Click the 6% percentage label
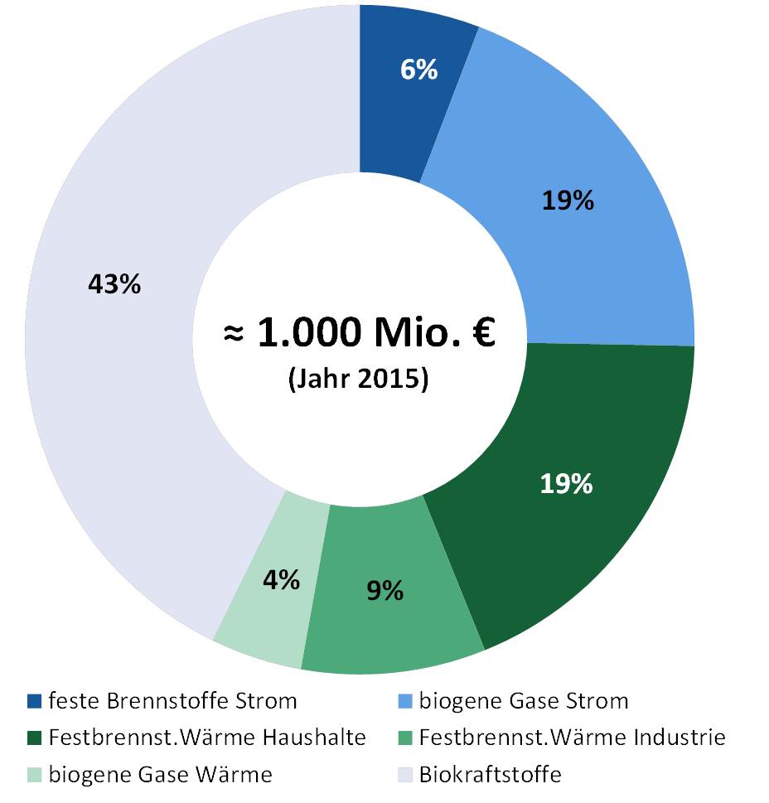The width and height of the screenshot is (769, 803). click(x=418, y=70)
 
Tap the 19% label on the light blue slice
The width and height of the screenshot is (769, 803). click(x=568, y=201)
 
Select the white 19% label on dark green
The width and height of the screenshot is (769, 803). click(x=566, y=484)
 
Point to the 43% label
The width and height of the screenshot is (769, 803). click(x=114, y=284)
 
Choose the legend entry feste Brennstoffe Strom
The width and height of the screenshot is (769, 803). click(x=172, y=701)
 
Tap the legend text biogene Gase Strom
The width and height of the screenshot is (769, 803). click(x=524, y=701)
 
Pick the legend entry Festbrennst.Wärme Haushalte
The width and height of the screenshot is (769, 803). click(x=207, y=738)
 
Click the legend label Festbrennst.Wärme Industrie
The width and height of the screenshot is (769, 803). click(x=573, y=738)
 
